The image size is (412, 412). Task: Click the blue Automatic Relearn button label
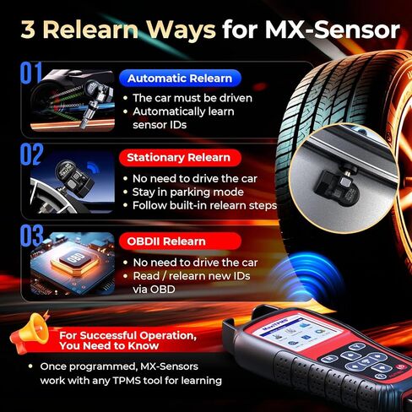coord(181,79)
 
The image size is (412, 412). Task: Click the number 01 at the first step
coord(30,73)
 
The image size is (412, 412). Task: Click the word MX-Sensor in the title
coord(333,30)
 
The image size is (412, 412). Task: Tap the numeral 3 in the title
coord(24,30)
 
